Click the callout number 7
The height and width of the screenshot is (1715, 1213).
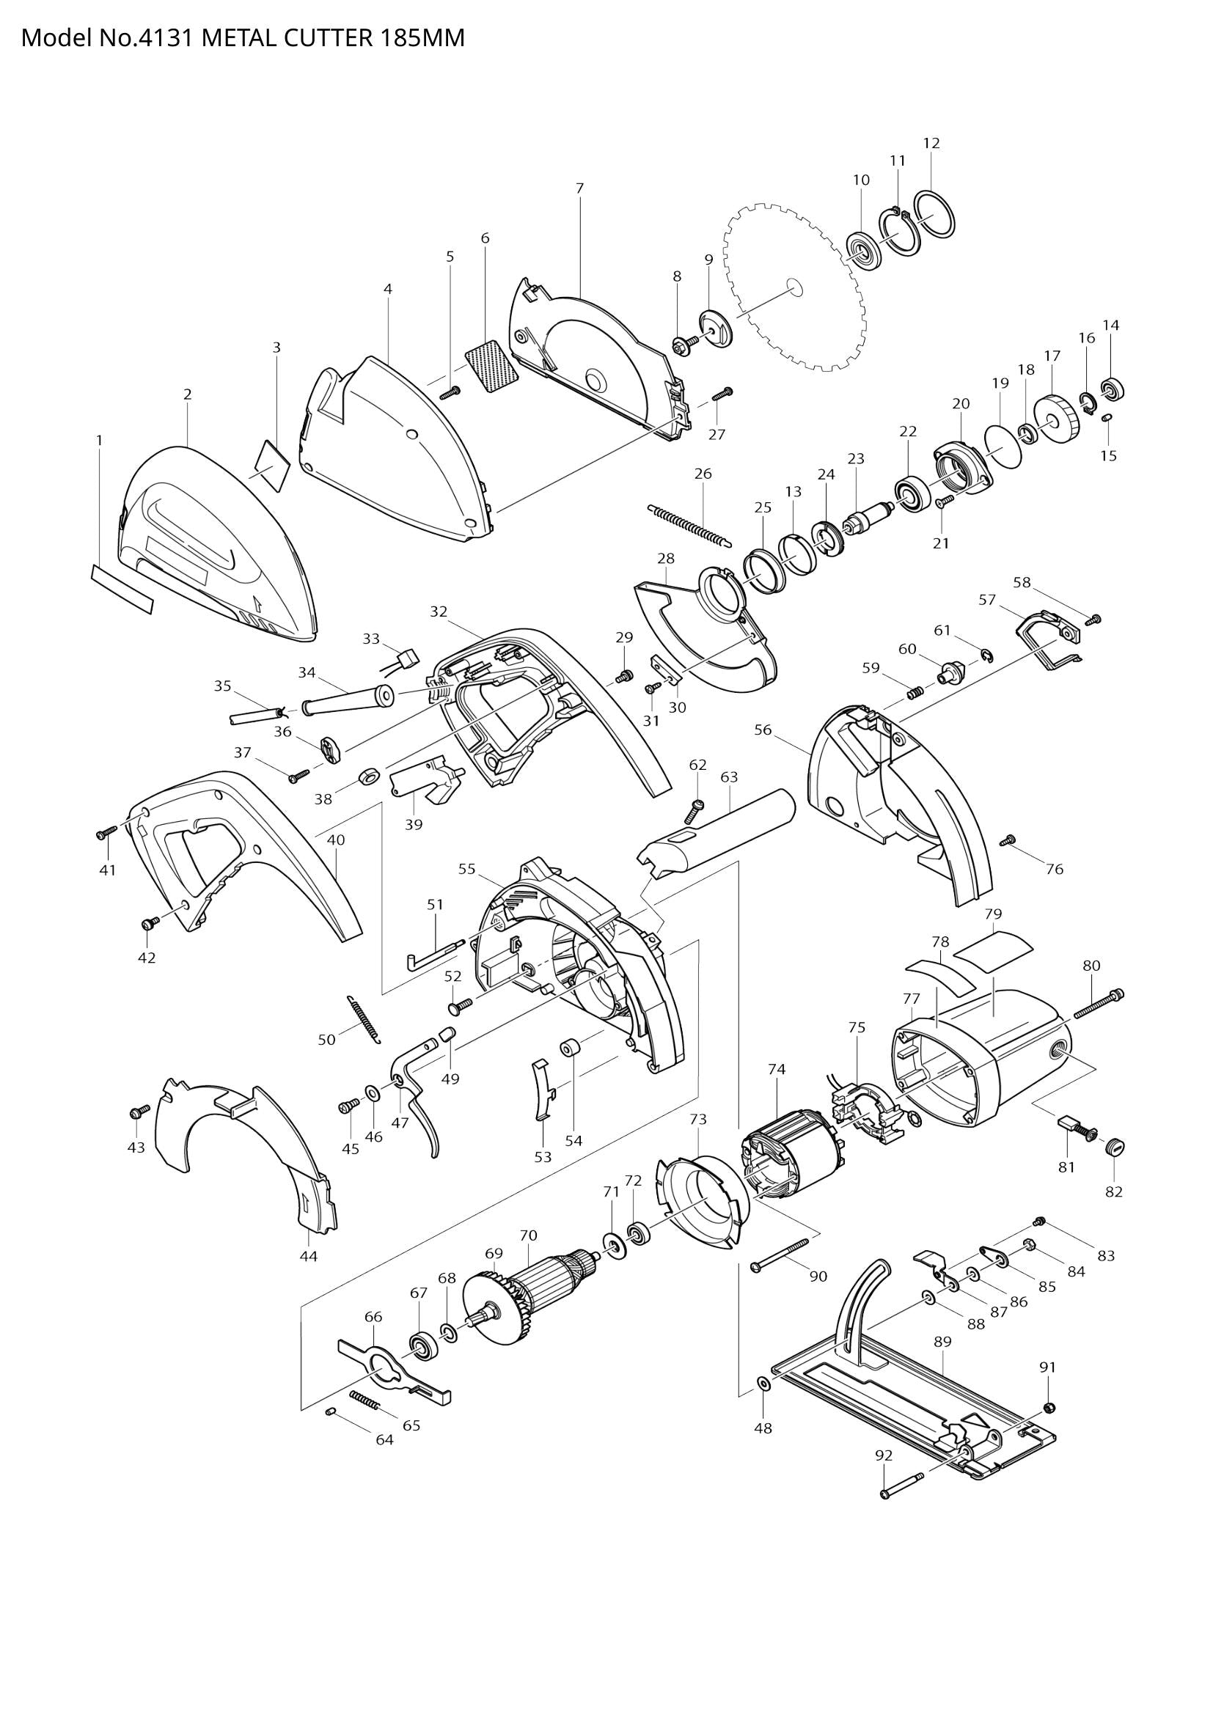579,188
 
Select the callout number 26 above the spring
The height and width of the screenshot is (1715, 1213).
703,474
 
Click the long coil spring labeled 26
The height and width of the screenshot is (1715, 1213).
689,524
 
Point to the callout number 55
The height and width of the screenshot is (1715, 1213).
467,869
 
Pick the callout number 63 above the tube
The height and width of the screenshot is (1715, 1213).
729,776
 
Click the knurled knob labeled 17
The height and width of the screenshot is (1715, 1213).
1057,417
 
